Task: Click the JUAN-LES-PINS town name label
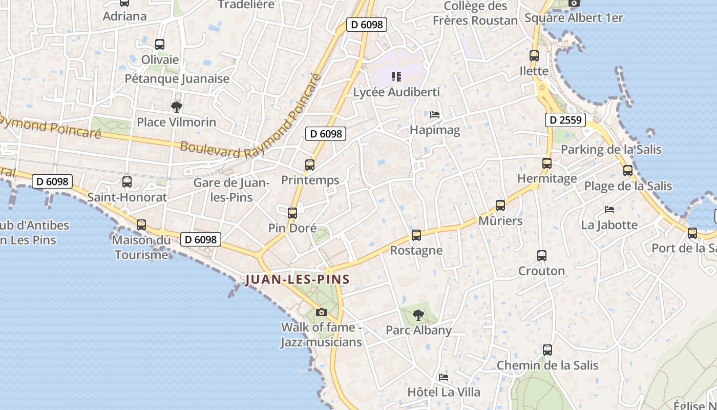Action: [x=298, y=280]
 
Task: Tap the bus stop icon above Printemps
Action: [x=310, y=165]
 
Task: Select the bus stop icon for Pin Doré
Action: [x=292, y=213]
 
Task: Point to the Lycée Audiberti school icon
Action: [x=396, y=77]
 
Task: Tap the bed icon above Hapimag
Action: [x=435, y=115]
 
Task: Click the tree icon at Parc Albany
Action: [x=418, y=315]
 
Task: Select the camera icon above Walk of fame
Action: [x=321, y=312]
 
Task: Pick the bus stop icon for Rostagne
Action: [x=416, y=235]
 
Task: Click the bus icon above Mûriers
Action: [x=500, y=206]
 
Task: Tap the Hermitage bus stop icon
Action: [x=547, y=163]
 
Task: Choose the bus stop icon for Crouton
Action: [x=542, y=256]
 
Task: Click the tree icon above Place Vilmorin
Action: [x=177, y=107]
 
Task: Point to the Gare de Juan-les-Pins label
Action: [x=231, y=190]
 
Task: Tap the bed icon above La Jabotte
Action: [x=609, y=210]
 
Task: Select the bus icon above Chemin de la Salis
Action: [x=547, y=350]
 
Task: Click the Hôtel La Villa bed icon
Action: [x=444, y=377]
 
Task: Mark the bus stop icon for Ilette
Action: [x=534, y=56]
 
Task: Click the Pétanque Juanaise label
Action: [x=177, y=79]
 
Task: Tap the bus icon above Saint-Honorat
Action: [x=127, y=182]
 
